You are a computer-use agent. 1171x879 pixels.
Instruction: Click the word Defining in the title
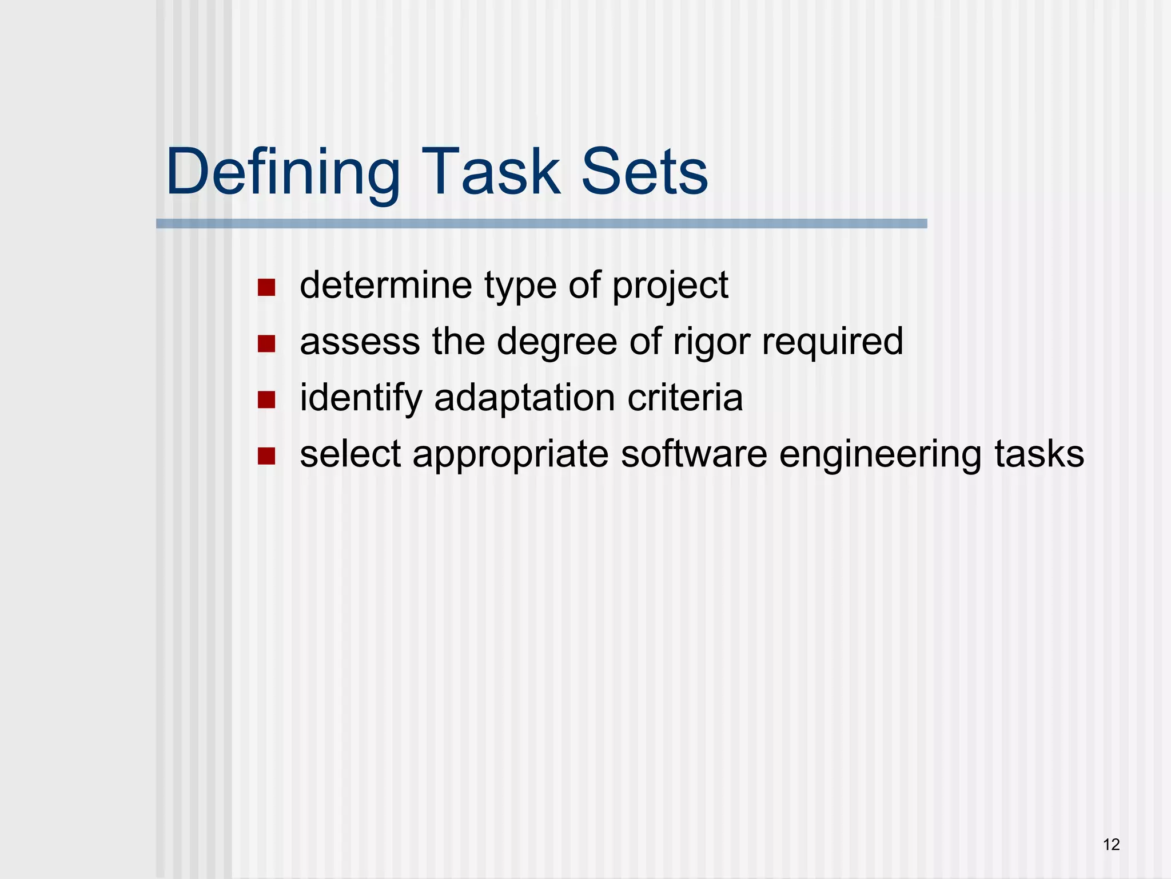[x=283, y=172]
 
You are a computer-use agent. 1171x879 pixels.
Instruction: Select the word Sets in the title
[x=644, y=172]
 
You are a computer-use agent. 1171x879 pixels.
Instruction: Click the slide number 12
[x=1111, y=844]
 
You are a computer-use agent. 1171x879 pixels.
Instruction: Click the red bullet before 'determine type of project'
[x=266, y=287]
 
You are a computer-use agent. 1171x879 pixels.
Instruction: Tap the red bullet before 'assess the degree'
[x=266, y=343]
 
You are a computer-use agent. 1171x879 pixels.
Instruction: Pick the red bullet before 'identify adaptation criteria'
[x=266, y=399]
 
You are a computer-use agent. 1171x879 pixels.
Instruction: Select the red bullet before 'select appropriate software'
[x=266, y=456]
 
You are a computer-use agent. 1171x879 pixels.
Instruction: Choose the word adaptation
[x=525, y=398]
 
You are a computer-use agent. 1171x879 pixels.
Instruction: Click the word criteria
[x=685, y=397]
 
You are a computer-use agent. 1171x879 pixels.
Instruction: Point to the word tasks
[x=1039, y=453]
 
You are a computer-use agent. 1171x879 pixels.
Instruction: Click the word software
[x=694, y=453]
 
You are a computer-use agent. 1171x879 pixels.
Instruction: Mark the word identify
[x=361, y=398]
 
